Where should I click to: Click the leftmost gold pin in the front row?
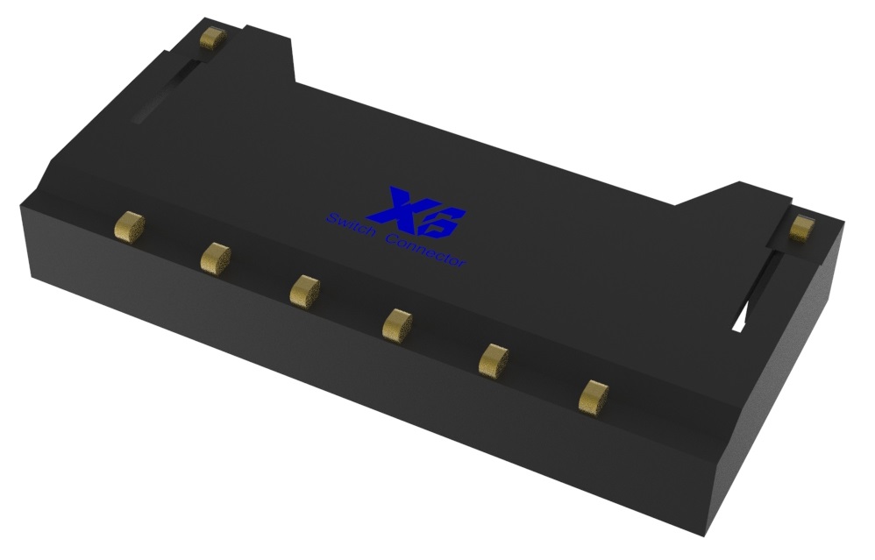click(130, 227)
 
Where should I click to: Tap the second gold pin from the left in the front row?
click(216, 259)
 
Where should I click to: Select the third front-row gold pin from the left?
click(305, 291)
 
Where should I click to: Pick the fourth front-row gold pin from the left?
click(397, 323)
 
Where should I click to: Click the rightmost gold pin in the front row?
click(594, 397)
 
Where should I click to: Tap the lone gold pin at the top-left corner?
click(213, 38)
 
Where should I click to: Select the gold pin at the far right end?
click(802, 228)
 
